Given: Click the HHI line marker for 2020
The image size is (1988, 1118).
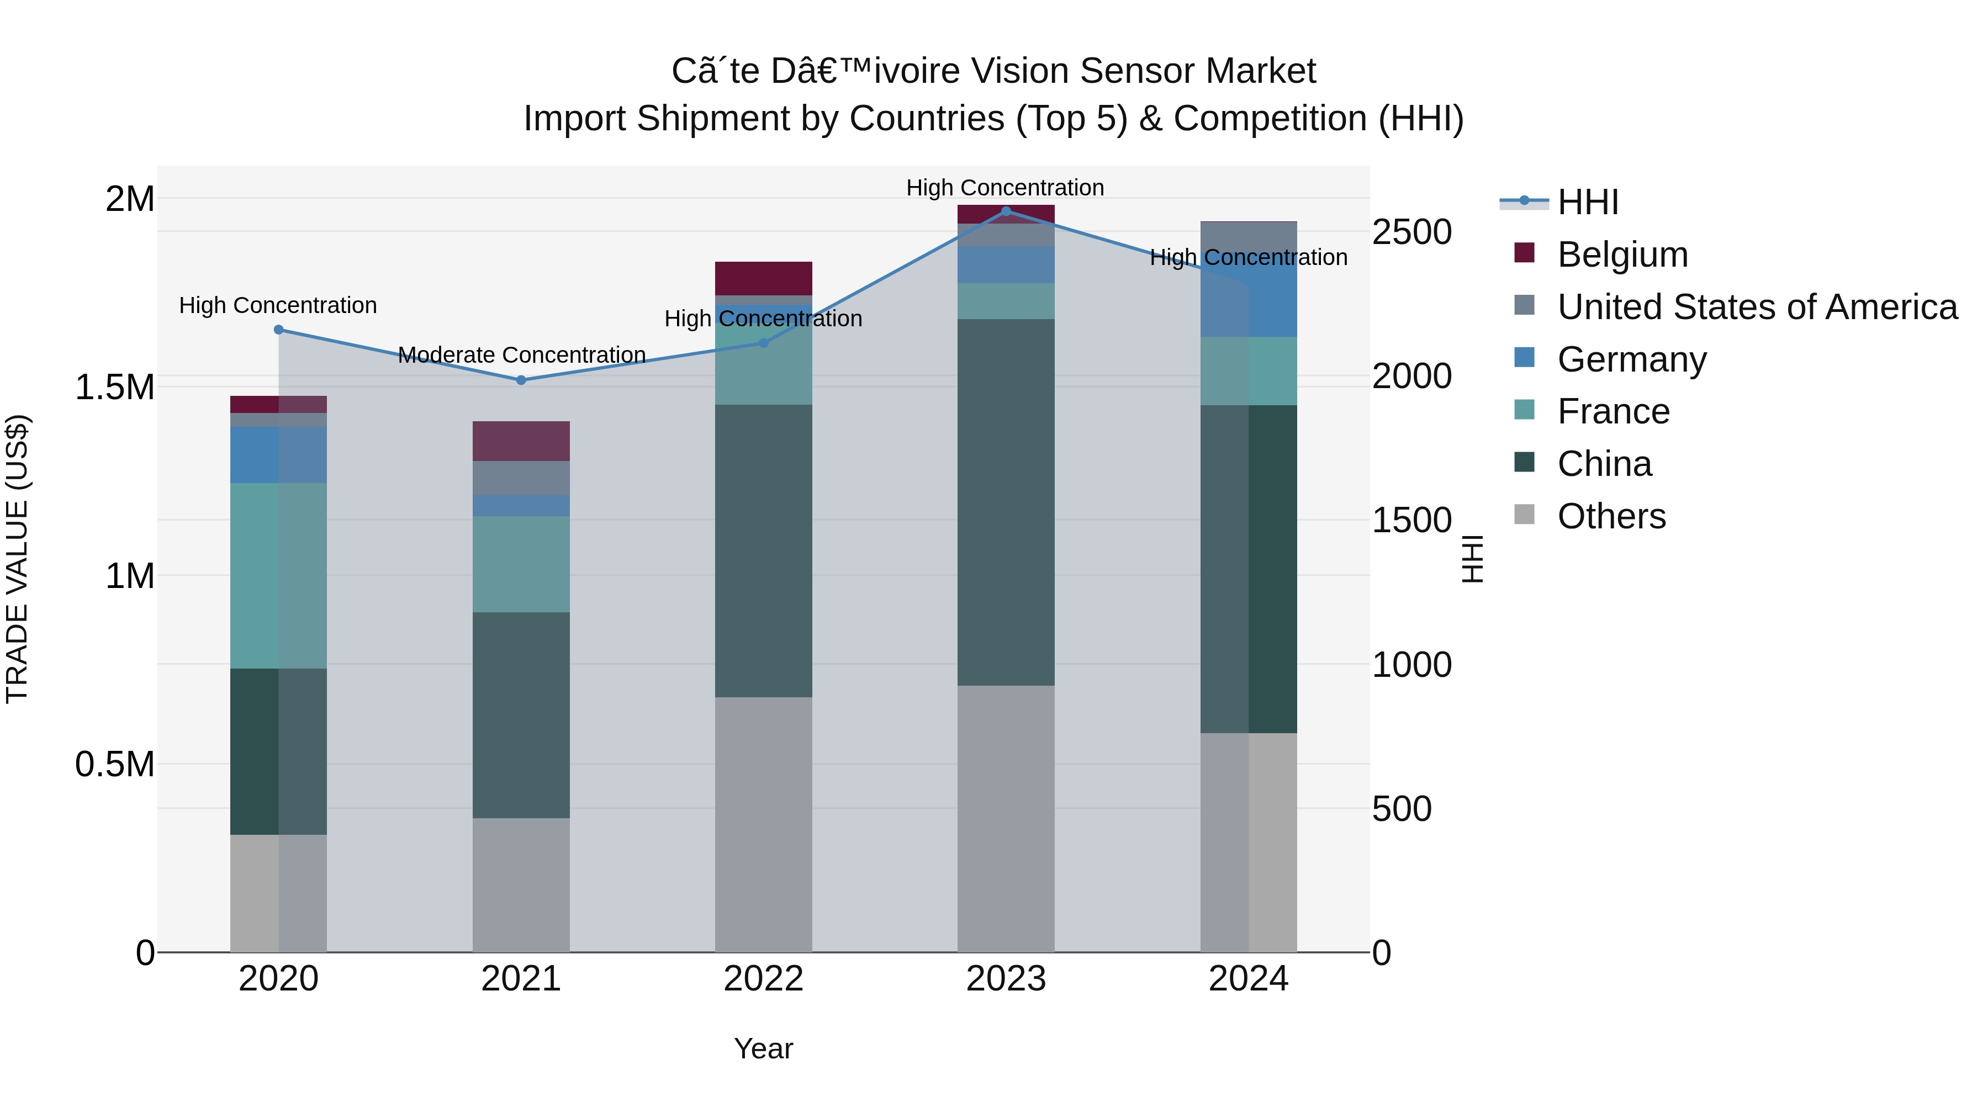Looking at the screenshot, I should click(279, 330).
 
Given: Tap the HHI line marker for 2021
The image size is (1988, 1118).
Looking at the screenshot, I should click(521, 380).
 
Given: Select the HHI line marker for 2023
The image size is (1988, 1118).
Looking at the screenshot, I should click(1006, 211).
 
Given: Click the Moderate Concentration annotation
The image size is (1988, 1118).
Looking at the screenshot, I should click(522, 355).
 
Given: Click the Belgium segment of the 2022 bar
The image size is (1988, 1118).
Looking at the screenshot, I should click(763, 278).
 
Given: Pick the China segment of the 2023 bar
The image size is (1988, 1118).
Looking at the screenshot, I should click(1006, 501).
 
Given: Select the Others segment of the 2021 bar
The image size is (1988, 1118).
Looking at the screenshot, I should click(521, 884).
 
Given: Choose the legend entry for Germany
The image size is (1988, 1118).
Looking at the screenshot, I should click(1631, 359).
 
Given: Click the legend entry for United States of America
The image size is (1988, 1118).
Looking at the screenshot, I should click(1757, 307).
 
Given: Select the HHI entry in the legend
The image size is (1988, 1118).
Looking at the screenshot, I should click(1588, 202).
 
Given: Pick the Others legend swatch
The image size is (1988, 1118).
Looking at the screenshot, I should click(1524, 515).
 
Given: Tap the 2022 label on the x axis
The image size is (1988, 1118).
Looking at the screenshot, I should click(763, 979).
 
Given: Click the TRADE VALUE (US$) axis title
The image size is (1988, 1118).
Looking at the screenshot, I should click(17, 559).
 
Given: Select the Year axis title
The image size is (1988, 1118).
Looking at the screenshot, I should click(763, 1048).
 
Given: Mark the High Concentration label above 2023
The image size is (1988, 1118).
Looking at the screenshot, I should click(1005, 188).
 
